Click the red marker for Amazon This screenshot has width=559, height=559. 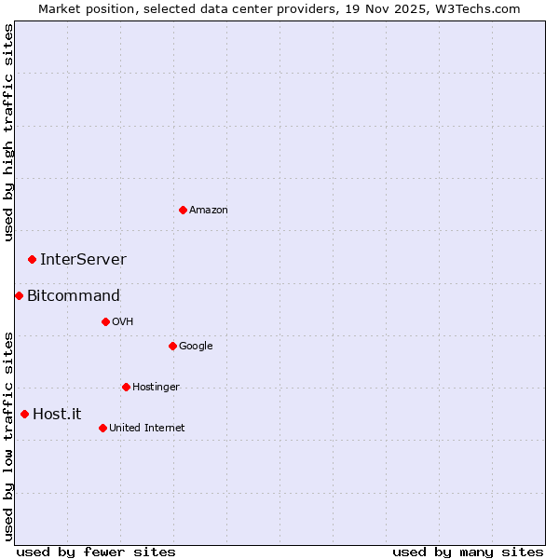183,210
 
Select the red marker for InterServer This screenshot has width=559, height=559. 32,259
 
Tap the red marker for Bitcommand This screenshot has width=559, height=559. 19,295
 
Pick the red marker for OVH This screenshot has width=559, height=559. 105,321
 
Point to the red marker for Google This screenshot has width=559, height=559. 172,346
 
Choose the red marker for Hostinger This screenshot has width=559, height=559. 126,387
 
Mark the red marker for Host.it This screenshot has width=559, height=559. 24,414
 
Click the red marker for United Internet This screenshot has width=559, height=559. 102,428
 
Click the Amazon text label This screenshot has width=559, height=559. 209,211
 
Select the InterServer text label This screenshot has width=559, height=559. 83,260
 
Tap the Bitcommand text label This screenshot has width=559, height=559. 74,296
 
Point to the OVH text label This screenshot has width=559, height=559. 123,322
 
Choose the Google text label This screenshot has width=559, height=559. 196,347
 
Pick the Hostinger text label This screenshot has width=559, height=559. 156,388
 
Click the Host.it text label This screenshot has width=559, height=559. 57,415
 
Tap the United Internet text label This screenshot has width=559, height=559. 147,429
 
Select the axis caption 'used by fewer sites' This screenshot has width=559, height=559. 96,552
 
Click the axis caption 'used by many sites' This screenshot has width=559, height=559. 468,552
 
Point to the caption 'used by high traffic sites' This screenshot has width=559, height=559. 8,132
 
